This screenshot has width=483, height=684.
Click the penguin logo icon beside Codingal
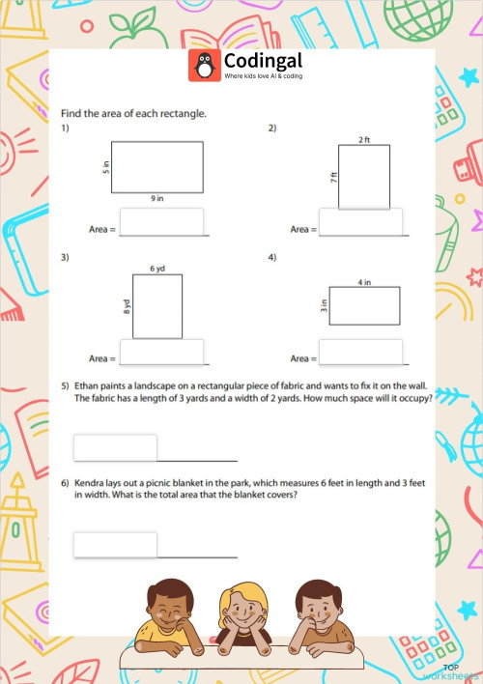pyautogui.click(x=204, y=65)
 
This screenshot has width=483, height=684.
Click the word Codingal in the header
pyautogui.click(x=255, y=60)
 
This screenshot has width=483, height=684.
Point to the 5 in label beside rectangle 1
pyautogui.click(x=106, y=167)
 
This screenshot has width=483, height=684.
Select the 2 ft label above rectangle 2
pyautogui.click(x=363, y=140)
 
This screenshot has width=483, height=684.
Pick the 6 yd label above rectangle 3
pyautogui.click(x=156, y=268)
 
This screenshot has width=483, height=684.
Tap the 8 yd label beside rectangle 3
pyautogui.click(x=127, y=307)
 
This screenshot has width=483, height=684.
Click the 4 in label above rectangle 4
pyautogui.click(x=364, y=282)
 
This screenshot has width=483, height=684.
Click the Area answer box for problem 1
pyautogui.click(x=161, y=222)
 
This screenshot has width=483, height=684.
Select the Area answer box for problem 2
pyautogui.click(x=360, y=222)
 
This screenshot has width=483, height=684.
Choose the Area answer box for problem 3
pyautogui.click(x=161, y=352)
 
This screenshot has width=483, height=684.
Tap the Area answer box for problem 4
pyautogui.click(x=360, y=352)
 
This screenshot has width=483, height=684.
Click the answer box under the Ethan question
pyautogui.click(x=115, y=447)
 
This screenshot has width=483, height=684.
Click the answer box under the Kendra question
pyautogui.click(x=115, y=545)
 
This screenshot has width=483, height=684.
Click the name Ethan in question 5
pyautogui.click(x=88, y=385)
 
